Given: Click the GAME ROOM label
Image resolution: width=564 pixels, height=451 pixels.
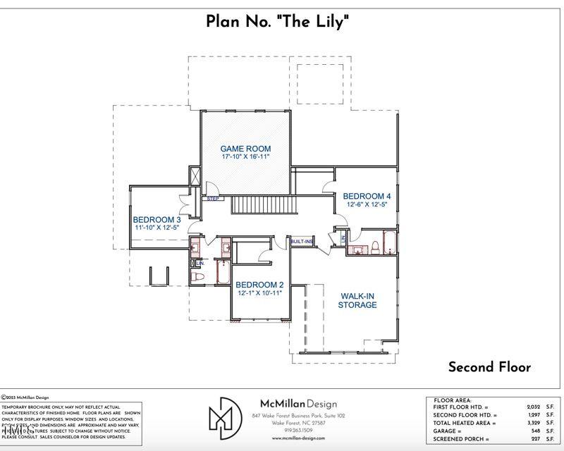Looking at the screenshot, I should click(245, 149).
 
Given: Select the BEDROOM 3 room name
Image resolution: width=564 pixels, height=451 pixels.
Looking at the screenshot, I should click(157, 219).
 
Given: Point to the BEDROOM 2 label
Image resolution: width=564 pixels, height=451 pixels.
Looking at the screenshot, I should click(259, 285).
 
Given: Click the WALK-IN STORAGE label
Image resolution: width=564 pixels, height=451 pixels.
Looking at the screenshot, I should click(357, 300).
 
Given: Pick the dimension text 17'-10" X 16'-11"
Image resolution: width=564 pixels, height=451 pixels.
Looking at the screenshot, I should click(245, 157).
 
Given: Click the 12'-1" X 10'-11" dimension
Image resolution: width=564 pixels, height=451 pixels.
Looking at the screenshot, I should click(259, 293).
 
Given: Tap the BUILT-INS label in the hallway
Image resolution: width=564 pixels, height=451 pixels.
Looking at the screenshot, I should click(302, 242).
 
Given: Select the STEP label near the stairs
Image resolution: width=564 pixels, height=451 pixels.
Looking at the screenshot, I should click(214, 199).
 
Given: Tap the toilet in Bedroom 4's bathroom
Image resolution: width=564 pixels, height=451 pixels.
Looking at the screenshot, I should click(376, 246).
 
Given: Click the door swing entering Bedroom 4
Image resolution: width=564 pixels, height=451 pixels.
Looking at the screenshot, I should click(329, 187).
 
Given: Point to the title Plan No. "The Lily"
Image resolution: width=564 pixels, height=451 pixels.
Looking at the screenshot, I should click(278, 22).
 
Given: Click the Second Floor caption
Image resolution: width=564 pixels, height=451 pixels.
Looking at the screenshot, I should click(489, 366).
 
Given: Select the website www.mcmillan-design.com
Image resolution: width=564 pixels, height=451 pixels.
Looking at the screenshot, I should click(298, 438).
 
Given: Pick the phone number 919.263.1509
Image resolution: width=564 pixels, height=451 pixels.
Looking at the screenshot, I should click(298, 431).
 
